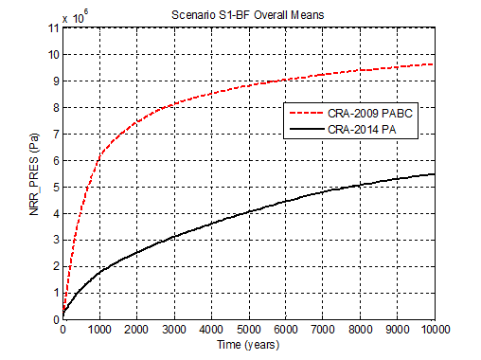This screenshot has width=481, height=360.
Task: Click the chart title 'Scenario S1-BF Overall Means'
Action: [249, 15]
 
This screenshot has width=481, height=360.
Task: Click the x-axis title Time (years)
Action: [248, 346]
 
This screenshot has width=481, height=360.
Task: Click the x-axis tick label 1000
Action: [99, 331]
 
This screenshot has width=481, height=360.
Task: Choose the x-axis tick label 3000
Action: [174, 331]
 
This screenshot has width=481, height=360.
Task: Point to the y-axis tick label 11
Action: [53, 27]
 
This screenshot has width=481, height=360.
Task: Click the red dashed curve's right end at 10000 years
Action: [434, 64]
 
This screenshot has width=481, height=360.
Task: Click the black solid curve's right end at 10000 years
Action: [434, 173]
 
